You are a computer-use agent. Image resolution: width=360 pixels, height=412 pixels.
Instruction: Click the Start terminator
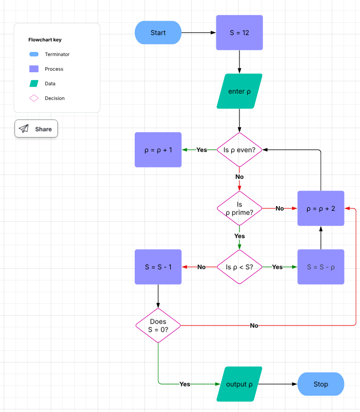158,33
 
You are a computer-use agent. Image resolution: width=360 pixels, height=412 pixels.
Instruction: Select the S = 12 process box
239,33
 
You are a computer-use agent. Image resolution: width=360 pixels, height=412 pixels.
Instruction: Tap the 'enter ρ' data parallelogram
239,91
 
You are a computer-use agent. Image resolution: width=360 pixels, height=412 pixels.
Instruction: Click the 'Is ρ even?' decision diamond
239,150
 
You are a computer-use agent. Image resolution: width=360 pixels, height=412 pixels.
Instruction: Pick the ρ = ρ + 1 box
158,150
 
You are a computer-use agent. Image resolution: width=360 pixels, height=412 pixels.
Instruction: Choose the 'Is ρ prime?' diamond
239,209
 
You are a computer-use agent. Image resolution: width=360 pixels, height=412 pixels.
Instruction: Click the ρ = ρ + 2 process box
321,209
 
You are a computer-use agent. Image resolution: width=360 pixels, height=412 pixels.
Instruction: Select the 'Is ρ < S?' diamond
239,267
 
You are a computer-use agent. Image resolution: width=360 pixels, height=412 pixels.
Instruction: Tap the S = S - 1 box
158,267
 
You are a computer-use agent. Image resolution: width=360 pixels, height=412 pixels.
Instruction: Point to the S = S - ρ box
321,267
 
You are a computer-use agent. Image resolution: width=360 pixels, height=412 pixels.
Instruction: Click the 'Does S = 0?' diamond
158,326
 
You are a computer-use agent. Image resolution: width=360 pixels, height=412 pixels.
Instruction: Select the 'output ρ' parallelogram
239,384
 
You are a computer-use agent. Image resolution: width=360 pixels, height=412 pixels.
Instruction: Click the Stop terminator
321,384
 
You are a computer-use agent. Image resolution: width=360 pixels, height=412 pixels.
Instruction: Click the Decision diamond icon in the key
34,98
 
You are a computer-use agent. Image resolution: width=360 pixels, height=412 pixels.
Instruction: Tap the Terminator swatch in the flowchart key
34,54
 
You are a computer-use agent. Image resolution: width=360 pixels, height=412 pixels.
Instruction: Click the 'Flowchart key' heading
45,40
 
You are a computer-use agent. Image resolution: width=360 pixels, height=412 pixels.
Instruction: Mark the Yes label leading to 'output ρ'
185,384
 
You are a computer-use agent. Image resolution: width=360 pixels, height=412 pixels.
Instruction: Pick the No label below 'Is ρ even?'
239,177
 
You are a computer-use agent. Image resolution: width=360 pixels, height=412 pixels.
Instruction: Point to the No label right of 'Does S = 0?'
254,326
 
